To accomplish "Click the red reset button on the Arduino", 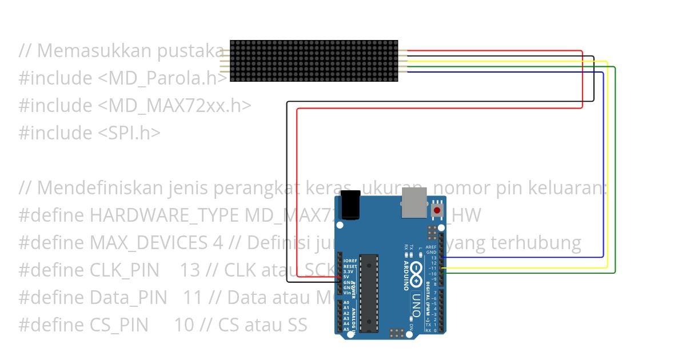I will [x=437, y=210].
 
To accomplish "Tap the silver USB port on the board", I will [x=413, y=203].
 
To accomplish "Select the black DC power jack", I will [x=349, y=205].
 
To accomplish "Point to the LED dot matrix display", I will [x=314, y=61].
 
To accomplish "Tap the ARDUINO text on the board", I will [x=406, y=273].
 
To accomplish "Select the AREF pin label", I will [x=431, y=247].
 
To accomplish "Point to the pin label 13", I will [x=434, y=258].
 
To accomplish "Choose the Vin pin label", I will [x=346, y=292].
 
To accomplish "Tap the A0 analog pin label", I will [x=346, y=303].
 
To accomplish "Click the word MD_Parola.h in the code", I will [x=166, y=78].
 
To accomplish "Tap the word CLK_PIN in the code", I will [x=125, y=270].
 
